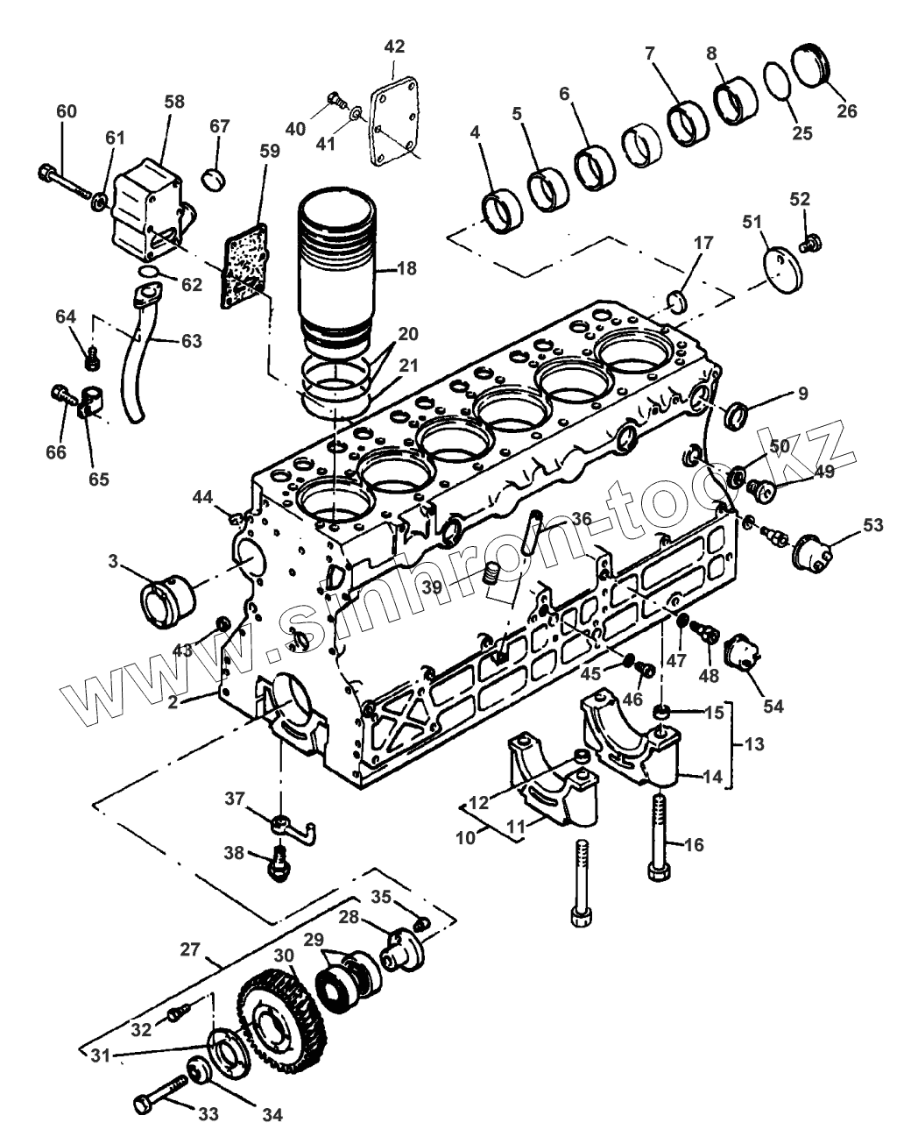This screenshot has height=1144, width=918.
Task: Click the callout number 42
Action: click(x=395, y=46)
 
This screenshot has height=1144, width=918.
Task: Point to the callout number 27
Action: click(x=191, y=949)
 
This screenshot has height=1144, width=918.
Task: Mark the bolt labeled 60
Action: click(x=65, y=179)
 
